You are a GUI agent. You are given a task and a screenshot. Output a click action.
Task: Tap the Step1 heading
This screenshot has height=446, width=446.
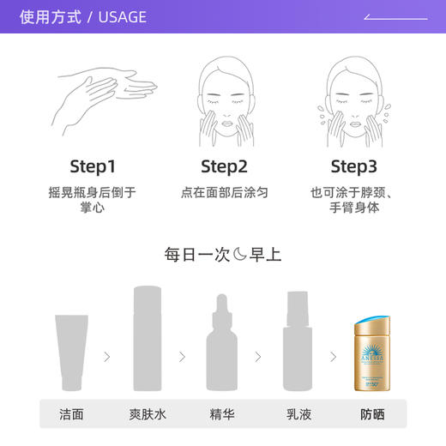[x=92, y=166]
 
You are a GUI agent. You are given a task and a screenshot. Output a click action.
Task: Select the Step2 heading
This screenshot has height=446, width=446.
[x=224, y=166]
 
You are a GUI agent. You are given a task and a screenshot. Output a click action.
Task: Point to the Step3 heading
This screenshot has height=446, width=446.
[x=353, y=166]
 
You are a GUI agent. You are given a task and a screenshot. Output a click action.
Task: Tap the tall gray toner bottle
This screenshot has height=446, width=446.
[x=148, y=340]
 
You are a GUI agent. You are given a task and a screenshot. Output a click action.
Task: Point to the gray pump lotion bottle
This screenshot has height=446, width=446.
[x=298, y=343]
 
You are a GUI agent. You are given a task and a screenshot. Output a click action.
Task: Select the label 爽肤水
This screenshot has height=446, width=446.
[x=148, y=413]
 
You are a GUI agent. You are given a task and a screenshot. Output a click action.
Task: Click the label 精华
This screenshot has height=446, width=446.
[x=222, y=413]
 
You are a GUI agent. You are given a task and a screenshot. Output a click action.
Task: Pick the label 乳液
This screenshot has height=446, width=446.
[x=298, y=413]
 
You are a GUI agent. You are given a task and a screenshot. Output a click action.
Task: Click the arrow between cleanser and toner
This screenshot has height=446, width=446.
[x=107, y=356]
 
